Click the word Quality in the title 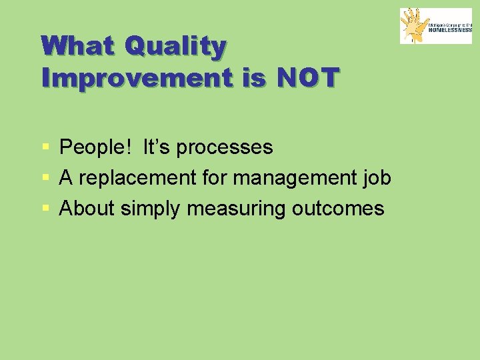pyautogui.click(x=175, y=47)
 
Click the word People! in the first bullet pyautogui.click(x=96, y=147)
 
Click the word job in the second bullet pyautogui.click(x=377, y=178)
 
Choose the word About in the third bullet pyautogui.click(x=87, y=209)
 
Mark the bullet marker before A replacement pyautogui.click(x=45, y=178)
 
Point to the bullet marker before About pyautogui.click(x=45, y=209)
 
